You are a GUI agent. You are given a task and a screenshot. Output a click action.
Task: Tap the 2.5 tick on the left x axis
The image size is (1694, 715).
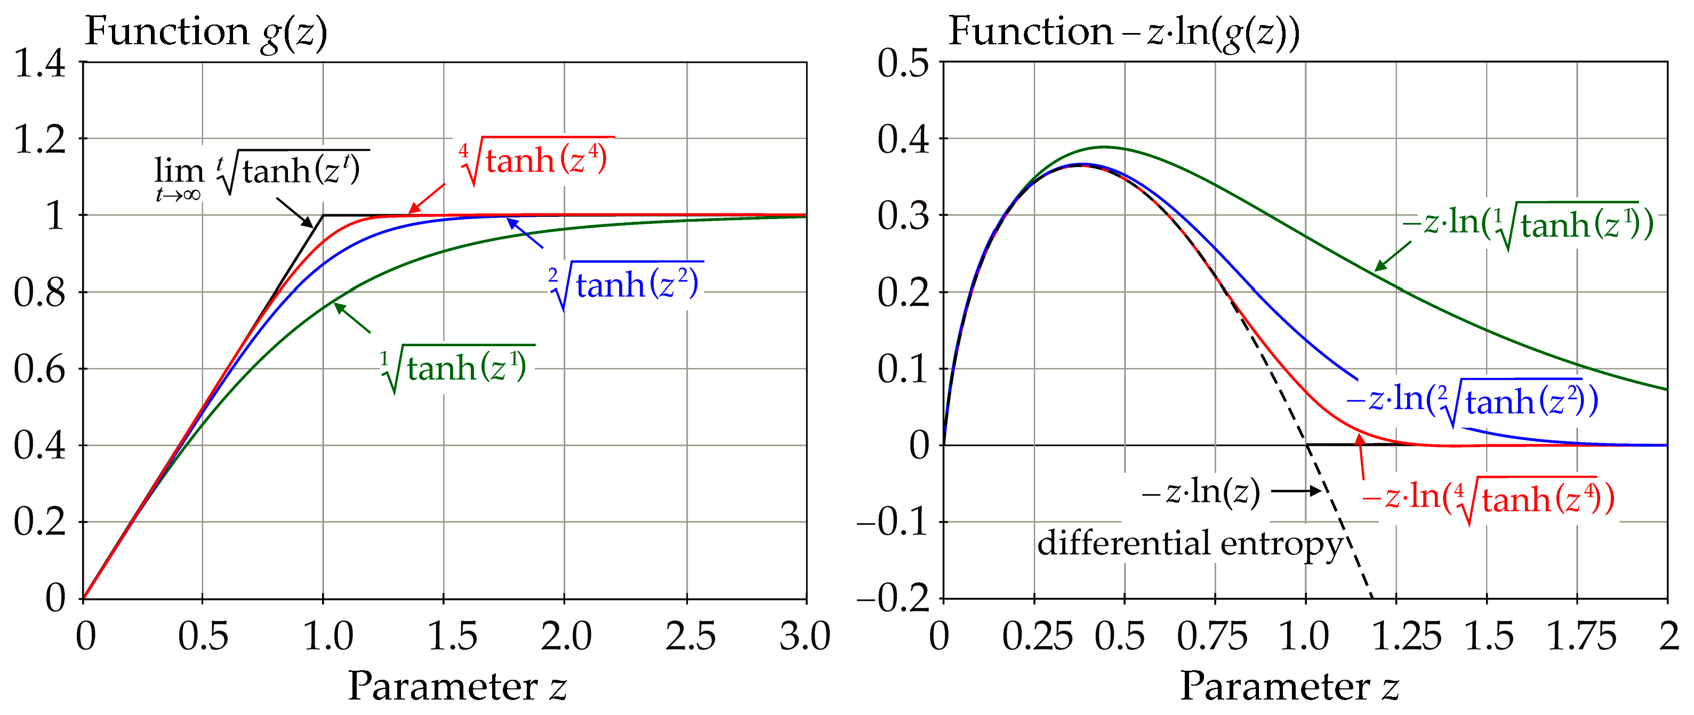tap(689, 637)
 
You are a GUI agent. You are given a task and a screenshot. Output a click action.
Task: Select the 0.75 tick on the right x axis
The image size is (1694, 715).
tap(1211, 637)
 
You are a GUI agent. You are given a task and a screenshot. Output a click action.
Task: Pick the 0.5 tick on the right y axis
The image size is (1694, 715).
tap(902, 64)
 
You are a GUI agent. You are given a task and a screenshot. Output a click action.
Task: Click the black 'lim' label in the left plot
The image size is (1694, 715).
tap(179, 172)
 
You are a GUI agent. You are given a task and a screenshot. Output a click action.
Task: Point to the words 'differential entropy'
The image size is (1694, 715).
tap(1189, 544)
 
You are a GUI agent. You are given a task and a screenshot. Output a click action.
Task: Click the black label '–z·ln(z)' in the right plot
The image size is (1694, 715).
tap(1201, 492)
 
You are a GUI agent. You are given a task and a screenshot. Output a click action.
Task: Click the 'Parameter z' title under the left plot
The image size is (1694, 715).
tap(456, 686)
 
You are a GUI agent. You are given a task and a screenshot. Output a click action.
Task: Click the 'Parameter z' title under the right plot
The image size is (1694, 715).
tap(1289, 686)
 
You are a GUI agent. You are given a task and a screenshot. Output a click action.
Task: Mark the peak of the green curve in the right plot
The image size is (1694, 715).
tap(1103, 147)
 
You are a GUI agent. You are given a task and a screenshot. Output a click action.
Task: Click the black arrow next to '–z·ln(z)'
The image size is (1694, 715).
tap(1296, 491)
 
